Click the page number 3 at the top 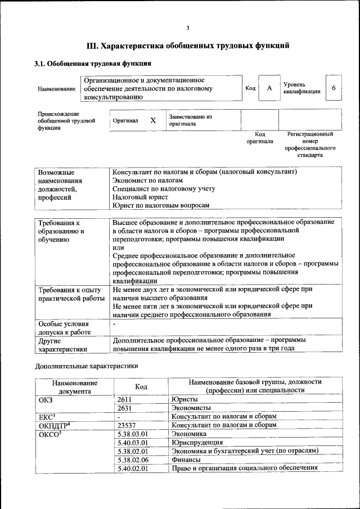point(188,29)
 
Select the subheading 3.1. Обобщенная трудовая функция point(93,64)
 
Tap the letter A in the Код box point(269,88)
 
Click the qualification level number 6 point(334,88)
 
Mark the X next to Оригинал point(153,120)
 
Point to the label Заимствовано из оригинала point(190,120)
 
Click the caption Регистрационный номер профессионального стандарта point(310,145)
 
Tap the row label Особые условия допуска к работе point(64,329)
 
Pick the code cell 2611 point(125,399)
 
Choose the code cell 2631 point(125,408)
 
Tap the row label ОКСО point(50,434)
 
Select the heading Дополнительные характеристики point(86,366)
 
